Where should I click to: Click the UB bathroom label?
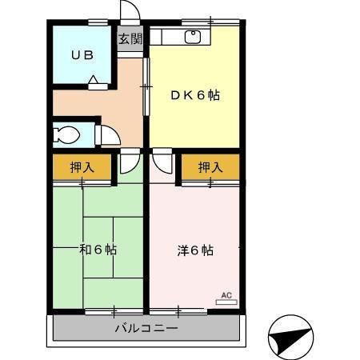82,55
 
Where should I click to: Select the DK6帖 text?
194,95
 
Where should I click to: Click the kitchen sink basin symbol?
193,37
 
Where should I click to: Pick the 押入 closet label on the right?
210,167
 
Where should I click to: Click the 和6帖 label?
98,249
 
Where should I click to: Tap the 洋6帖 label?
194,249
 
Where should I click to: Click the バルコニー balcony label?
146,328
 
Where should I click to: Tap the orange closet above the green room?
72,167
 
